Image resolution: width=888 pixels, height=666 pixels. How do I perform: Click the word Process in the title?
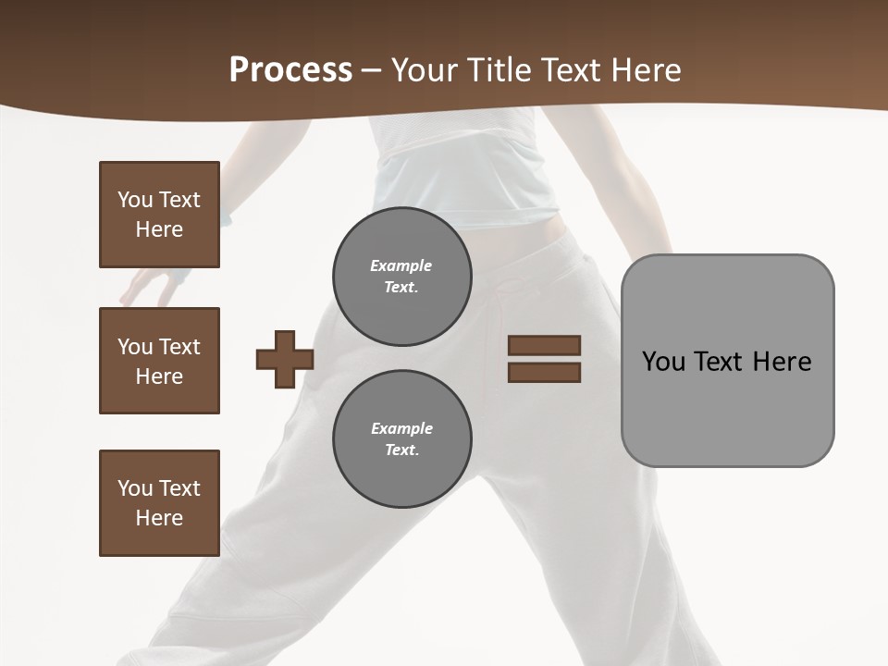tap(290, 69)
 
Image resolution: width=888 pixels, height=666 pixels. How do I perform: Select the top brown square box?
tap(159, 215)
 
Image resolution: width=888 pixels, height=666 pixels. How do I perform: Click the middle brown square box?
tap(159, 361)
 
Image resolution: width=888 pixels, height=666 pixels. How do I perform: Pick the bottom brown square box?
tap(159, 503)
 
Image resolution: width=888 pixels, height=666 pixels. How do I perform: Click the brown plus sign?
tap(285, 359)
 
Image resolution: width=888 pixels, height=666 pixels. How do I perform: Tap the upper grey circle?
tap(401, 276)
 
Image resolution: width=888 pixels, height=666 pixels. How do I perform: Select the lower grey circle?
tap(401, 438)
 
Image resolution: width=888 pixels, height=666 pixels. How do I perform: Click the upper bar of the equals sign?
tap(544, 345)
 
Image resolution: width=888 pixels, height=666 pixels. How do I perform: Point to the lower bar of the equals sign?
tap(544, 372)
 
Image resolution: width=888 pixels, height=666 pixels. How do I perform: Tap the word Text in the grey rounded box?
tap(721, 362)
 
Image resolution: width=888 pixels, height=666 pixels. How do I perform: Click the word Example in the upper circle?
tap(401, 265)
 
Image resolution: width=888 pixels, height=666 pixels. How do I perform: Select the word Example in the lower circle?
tap(401, 428)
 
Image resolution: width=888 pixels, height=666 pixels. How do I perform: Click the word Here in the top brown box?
tap(159, 229)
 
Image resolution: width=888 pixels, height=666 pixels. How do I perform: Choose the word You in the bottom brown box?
tap(134, 488)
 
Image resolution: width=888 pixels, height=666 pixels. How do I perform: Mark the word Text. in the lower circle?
tap(401, 450)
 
